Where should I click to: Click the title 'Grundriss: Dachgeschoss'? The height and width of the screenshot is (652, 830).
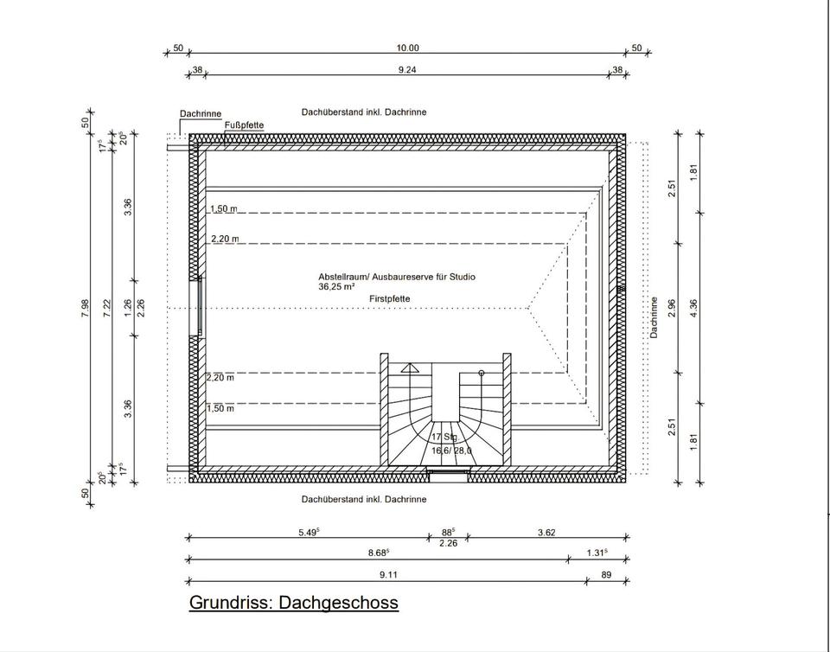pos(293,602)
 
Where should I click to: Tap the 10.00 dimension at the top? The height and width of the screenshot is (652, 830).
pos(407,48)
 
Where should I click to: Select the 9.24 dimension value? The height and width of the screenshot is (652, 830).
pos(407,70)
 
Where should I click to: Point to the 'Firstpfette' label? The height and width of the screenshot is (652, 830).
pos(389,298)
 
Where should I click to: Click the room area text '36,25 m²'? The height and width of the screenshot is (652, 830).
pos(336,286)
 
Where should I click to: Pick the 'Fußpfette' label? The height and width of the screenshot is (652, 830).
pos(244,125)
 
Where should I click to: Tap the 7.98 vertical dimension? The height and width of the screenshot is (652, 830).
pos(84,309)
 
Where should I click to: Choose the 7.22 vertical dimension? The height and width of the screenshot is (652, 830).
pos(107,309)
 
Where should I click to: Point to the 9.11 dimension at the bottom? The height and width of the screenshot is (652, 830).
pos(388,574)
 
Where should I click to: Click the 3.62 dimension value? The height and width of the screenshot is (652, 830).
pos(546,533)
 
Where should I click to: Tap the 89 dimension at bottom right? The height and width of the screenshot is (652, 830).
pos(605,574)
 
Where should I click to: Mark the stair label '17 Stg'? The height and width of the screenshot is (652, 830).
pos(444,438)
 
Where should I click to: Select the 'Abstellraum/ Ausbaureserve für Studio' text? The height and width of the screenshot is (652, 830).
pos(397,277)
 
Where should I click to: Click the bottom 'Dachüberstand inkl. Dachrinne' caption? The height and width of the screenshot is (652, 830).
pos(364,499)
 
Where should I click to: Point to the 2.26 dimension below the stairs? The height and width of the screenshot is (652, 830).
pos(448,543)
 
